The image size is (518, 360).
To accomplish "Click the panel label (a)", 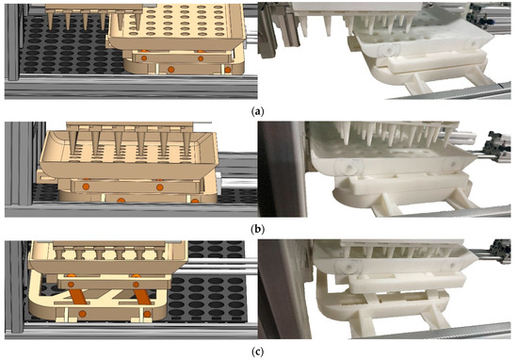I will [x=260, y=109].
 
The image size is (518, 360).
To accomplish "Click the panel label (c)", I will [x=260, y=352].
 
